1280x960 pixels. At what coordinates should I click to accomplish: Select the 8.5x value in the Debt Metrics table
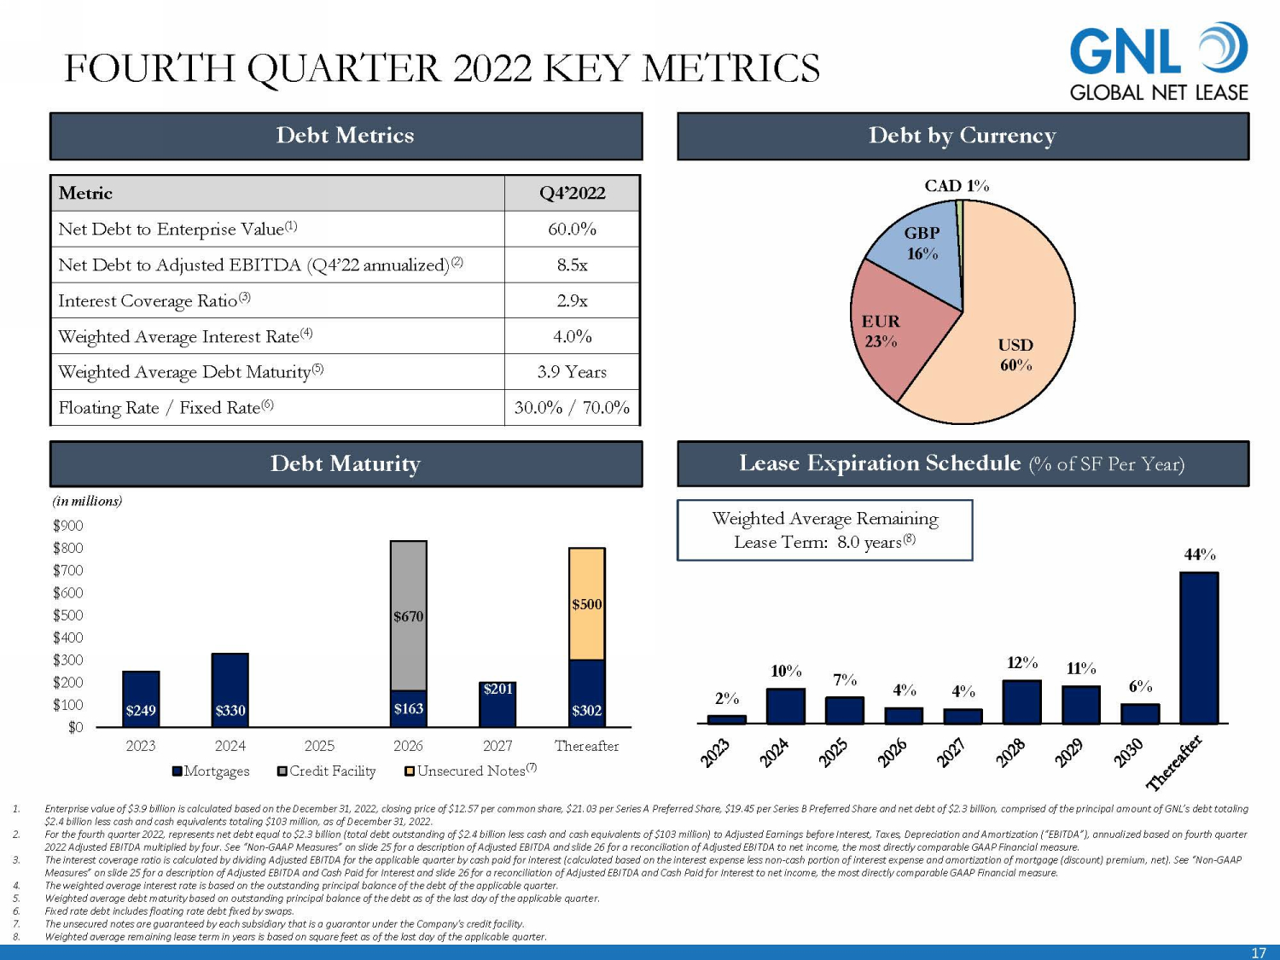tap(572, 265)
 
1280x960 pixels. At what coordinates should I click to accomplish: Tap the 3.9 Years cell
tap(572, 372)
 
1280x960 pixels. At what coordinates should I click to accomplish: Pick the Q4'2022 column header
tap(572, 193)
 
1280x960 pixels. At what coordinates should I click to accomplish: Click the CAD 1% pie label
tap(957, 185)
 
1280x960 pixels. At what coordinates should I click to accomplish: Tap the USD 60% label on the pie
tap(1015, 354)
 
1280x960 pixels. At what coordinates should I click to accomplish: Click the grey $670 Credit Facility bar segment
tap(409, 614)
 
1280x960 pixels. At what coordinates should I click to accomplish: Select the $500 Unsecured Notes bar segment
tap(587, 604)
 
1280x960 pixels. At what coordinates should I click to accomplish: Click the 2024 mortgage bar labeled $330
tap(230, 690)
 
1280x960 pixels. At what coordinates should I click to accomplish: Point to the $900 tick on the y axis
tap(68, 526)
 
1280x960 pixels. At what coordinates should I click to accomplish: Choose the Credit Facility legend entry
tap(327, 771)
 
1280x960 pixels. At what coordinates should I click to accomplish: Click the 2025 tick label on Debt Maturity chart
tap(319, 746)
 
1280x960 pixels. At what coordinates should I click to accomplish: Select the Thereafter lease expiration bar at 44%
tap(1199, 649)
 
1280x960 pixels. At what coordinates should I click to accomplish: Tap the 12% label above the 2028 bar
tap(1022, 663)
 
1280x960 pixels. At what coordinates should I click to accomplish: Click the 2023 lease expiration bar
tap(727, 719)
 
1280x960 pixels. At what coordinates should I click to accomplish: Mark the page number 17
tap(1259, 952)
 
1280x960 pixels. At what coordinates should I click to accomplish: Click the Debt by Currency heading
tap(963, 136)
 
